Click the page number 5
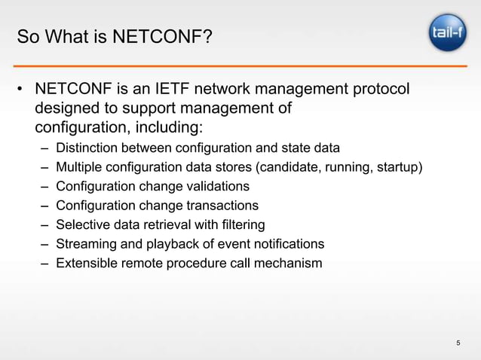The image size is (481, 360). [458, 344]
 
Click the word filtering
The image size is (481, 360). [240, 225]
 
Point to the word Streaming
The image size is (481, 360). [85, 245]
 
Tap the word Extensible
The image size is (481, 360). [87, 264]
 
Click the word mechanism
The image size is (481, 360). [289, 264]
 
